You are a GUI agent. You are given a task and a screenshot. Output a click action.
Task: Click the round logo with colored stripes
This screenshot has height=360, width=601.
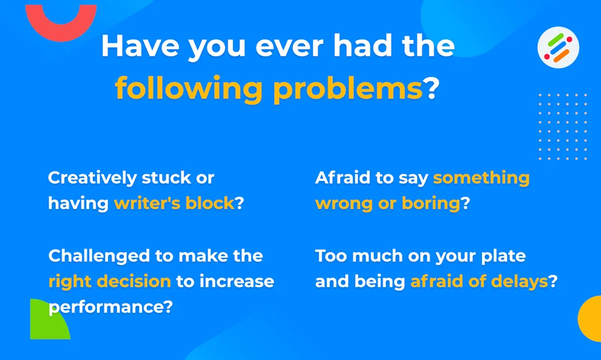[558, 48]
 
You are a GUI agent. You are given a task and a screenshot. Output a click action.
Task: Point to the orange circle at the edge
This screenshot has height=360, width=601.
[590, 318]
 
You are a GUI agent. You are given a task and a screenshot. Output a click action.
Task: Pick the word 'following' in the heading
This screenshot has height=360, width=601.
[188, 89]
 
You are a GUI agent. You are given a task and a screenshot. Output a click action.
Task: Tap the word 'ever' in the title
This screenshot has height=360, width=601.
[290, 47]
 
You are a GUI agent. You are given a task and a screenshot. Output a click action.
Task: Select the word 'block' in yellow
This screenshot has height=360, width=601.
[210, 203]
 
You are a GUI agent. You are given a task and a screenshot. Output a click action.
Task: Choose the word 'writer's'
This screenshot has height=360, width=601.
[147, 203]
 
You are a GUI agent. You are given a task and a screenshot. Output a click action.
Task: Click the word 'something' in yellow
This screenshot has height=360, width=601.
[481, 179]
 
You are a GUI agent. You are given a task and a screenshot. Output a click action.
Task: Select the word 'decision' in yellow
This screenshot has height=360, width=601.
[134, 281]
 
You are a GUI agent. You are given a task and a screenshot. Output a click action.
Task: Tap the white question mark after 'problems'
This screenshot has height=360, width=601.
[431, 88]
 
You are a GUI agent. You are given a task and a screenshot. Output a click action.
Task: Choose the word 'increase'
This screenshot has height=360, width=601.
[237, 281]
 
